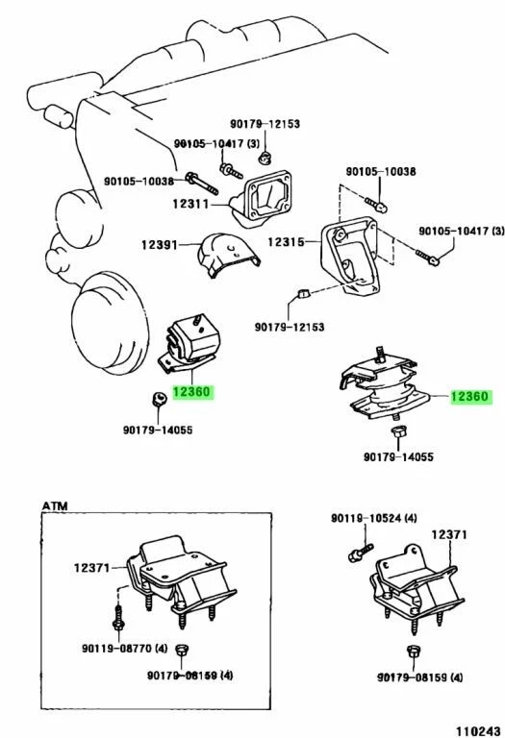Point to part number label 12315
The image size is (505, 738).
coord(288,243)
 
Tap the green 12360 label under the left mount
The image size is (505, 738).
coord(191,392)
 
